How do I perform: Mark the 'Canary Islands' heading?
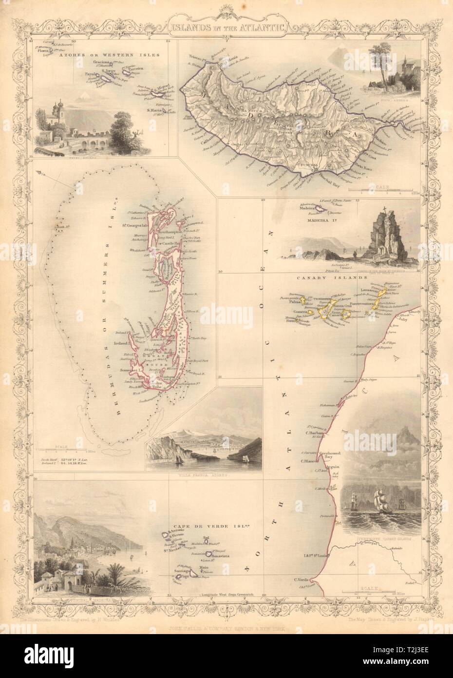click(x=336, y=278)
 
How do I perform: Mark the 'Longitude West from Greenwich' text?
click(x=228, y=595)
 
